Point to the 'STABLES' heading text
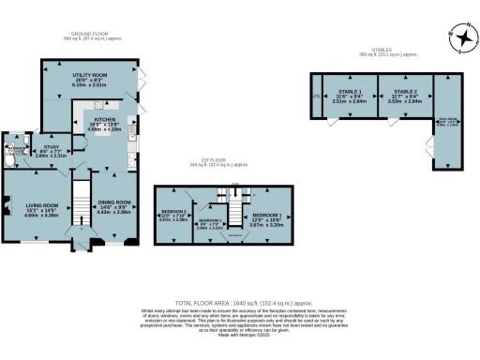click(x=381, y=52)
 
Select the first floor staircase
click(x=224, y=198)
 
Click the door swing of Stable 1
click(x=333, y=122)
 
